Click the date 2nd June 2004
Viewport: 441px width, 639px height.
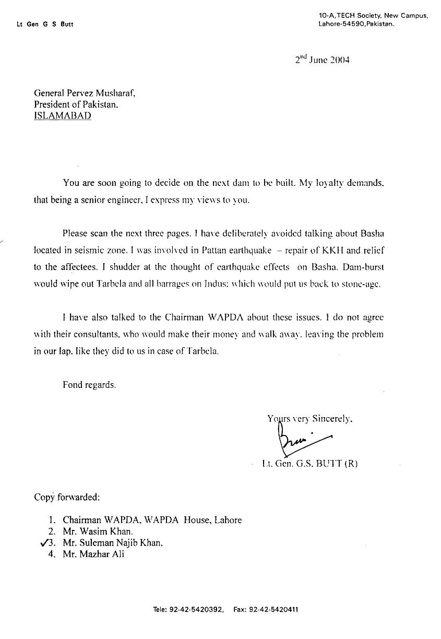[x=322, y=60]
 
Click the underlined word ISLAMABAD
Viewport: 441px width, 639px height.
[x=63, y=116]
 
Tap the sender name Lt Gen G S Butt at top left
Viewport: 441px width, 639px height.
[x=44, y=25]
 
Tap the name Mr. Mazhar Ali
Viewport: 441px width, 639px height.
[x=93, y=554]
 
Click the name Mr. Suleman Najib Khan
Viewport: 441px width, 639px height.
[x=113, y=543]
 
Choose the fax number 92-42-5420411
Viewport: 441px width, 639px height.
[x=274, y=609]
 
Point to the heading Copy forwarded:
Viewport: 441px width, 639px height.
[x=67, y=497]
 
